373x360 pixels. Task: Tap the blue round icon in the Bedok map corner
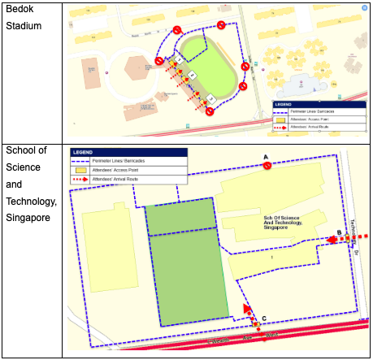[362, 7]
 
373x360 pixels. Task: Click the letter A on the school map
[266, 157]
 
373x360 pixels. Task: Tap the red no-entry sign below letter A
[267, 167]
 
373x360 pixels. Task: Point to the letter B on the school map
[339, 233]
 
